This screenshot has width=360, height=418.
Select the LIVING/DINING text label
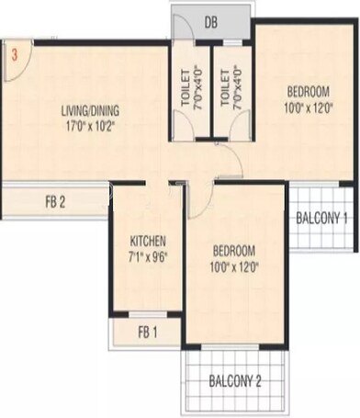pyautogui.click(x=90, y=112)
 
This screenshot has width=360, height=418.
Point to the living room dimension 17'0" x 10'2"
pyautogui.click(x=90, y=127)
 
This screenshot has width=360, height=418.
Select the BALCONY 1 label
pyautogui.click(x=321, y=218)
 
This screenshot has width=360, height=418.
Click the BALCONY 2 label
pyautogui.click(x=236, y=381)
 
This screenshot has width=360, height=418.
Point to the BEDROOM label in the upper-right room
pyautogui.click(x=308, y=92)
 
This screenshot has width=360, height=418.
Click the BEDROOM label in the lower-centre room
pyautogui.click(x=234, y=251)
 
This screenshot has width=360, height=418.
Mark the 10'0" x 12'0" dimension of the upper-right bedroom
pyautogui.click(x=308, y=107)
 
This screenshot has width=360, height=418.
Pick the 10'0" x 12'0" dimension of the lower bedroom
pyautogui.click(x=234, y=267)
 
